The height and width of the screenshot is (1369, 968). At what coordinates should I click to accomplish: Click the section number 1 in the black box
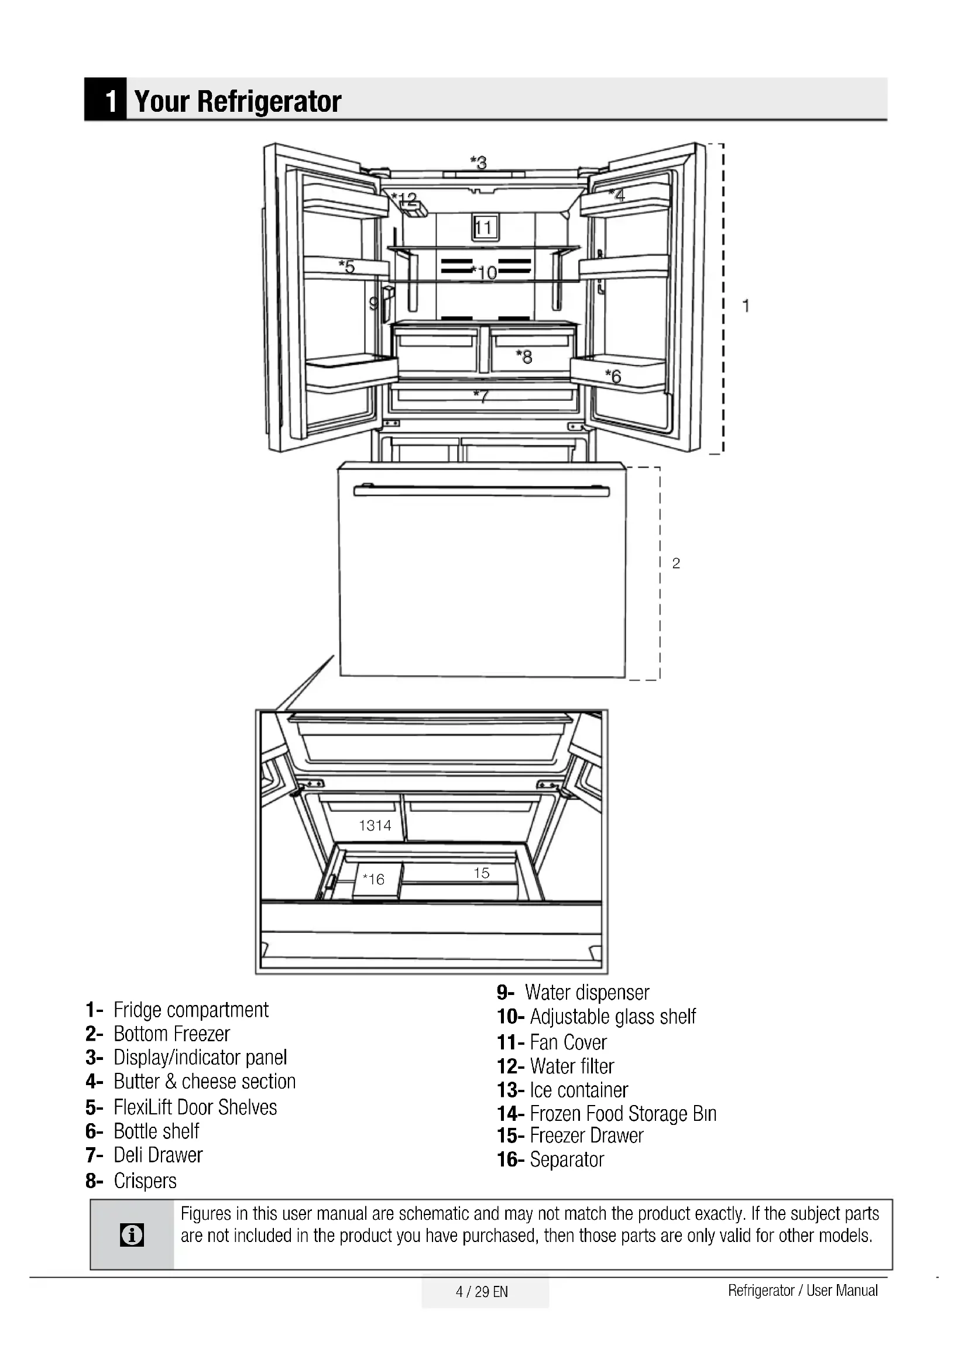109,101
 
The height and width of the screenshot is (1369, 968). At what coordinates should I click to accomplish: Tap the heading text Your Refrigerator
238,101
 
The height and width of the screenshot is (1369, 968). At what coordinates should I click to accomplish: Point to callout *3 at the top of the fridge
479,162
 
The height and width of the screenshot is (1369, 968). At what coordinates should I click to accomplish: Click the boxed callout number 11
484,228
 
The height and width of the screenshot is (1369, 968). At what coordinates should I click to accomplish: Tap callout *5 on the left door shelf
347,266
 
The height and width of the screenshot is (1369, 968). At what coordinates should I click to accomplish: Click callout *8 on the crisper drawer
524,356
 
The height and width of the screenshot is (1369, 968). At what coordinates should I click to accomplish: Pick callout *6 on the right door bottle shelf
613,376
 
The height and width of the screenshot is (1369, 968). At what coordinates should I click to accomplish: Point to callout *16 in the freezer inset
374,880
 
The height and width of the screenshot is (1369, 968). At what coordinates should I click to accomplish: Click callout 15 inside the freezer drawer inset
482,873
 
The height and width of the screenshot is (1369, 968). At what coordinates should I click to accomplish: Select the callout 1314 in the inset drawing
375,826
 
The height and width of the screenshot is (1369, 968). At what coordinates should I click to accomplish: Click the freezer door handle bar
481,491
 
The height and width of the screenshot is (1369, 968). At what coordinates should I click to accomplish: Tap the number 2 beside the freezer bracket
676,564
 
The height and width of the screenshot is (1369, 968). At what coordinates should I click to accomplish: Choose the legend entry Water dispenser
586,993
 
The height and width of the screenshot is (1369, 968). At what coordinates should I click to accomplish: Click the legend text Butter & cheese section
204,1081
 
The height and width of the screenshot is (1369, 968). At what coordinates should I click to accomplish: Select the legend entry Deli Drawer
158,1155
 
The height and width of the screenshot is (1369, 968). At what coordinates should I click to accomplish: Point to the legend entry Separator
567,1159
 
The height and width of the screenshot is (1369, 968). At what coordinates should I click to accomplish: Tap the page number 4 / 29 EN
482,1292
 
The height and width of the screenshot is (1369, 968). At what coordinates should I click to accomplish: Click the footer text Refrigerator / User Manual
802,1291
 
